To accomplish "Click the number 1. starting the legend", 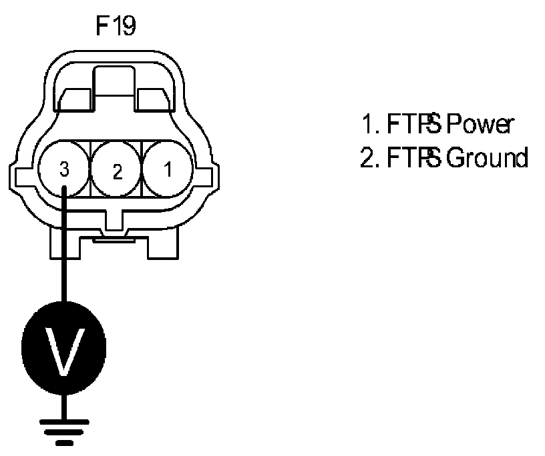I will pos(370,124).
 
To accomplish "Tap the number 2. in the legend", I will pos(369,159).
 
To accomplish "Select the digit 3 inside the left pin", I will pos(64,170).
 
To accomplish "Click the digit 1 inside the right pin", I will pos(167,169).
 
